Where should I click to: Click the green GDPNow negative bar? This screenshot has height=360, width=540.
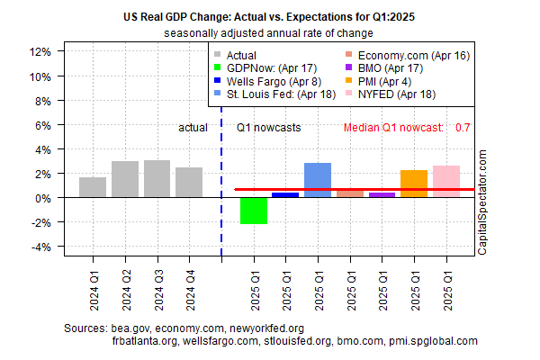[x=254, y=211]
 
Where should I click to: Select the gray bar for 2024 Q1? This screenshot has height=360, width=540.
[x=93, y=187]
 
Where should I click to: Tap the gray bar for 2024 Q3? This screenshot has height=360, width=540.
[x=157, y=179]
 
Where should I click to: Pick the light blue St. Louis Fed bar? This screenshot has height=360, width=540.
[x=318, y=180]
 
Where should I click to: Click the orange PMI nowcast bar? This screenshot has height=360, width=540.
[x=414, y=184]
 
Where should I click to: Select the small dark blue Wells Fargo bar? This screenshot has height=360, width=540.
[x=285, y=194]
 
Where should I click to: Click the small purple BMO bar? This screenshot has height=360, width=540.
[x=382, y=194]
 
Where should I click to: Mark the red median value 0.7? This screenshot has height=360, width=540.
[x=463, y=128]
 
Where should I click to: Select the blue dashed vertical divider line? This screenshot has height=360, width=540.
[x=221, y=180]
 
